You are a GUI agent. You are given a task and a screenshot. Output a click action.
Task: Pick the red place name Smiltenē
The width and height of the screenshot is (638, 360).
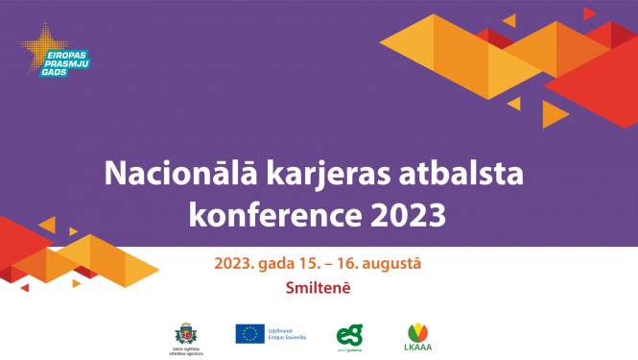[318, 286]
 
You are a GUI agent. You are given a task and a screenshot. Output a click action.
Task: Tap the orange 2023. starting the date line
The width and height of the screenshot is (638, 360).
[233, 263]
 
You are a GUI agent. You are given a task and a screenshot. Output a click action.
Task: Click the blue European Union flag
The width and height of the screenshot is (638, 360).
[249, 332]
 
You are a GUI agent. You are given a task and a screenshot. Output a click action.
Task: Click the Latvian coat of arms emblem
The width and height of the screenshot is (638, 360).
[181, 332]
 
